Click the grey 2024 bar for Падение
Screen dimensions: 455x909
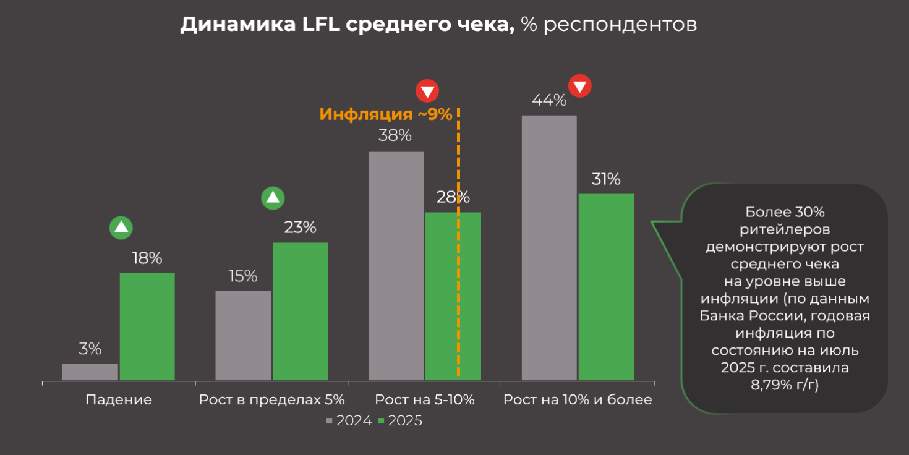click(x=90, y=372)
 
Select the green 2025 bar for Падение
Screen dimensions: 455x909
click(x=147, y=326)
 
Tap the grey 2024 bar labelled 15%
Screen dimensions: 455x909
click(x=243, y=335)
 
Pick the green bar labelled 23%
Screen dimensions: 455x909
click(x=300, y=311)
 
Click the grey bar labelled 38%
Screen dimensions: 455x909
click(x=396, y=266)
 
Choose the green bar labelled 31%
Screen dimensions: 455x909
click(x=606, y=287)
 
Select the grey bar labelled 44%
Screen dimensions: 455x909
click(x=549, y=247)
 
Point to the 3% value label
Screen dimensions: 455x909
click(x=90, y=349)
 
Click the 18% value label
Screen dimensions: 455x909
click(x=147, y=258)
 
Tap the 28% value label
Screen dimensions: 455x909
click(x=453, y=197)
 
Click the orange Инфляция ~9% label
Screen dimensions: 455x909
click(x=386, y=114)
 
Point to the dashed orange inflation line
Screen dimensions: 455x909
click(x=458, y=278)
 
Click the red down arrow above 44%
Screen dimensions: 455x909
click(x=580, y=87)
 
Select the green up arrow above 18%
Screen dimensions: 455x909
click(x=121, y=227)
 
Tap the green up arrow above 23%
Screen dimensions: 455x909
click(x=273, y=198)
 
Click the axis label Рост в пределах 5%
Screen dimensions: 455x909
click(x=271, y=400)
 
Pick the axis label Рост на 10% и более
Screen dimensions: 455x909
click(x=578, y=400)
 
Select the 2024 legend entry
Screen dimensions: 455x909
click(x=349, y=421)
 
